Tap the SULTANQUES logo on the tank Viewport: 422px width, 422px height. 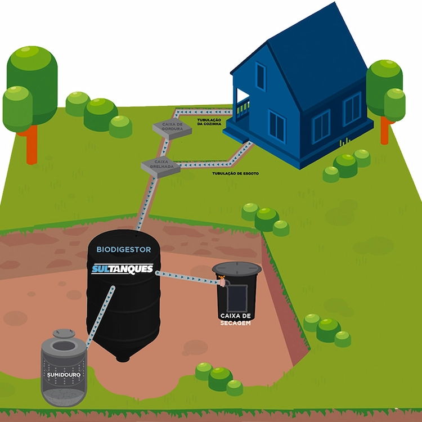pos(122,270)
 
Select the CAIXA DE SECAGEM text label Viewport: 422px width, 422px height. pos(235,320)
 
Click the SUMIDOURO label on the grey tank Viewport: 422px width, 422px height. pos(64,374)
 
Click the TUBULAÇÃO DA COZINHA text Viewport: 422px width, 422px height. pos(209,122)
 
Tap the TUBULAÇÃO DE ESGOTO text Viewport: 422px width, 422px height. pos(235,173)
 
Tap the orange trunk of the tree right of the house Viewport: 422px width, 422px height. pos(385,131)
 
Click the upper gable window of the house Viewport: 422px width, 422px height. pos(261,77)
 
